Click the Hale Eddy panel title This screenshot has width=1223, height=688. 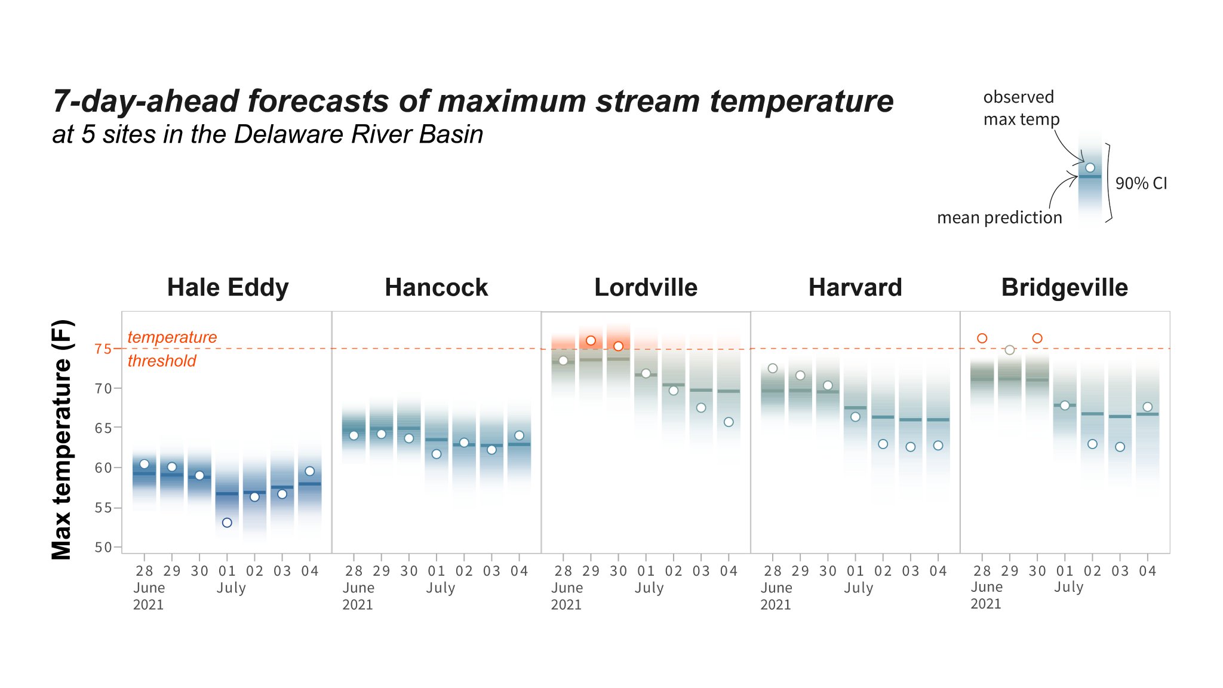pos(228,288)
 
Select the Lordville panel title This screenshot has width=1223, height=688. pos(646,288)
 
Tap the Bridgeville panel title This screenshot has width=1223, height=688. pos(1064,288)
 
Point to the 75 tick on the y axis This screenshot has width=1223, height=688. pos(103,349)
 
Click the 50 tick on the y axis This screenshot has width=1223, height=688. pos(103,547)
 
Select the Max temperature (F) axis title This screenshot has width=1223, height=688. pos(62,440)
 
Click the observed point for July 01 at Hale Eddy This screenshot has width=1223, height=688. pos(227,523)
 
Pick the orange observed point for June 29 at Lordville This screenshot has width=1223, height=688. pos(591,340)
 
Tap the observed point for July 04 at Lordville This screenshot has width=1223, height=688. pos(729,422)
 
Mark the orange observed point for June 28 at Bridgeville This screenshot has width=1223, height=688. pos(982,339)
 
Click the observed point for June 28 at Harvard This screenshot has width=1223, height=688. pos(773,368)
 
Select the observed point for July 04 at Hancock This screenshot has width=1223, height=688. pos(520,435)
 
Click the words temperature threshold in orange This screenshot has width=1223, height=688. pos(172,349)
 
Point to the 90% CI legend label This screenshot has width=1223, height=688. pos(1141,183)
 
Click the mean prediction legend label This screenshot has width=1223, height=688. pos(999,218)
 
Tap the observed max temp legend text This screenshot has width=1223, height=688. pos(1021,108)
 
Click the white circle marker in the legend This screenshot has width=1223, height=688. pos(1090,168)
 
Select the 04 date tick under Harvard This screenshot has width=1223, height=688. pos(938,572)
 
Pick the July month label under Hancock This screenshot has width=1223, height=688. pos(440,588)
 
